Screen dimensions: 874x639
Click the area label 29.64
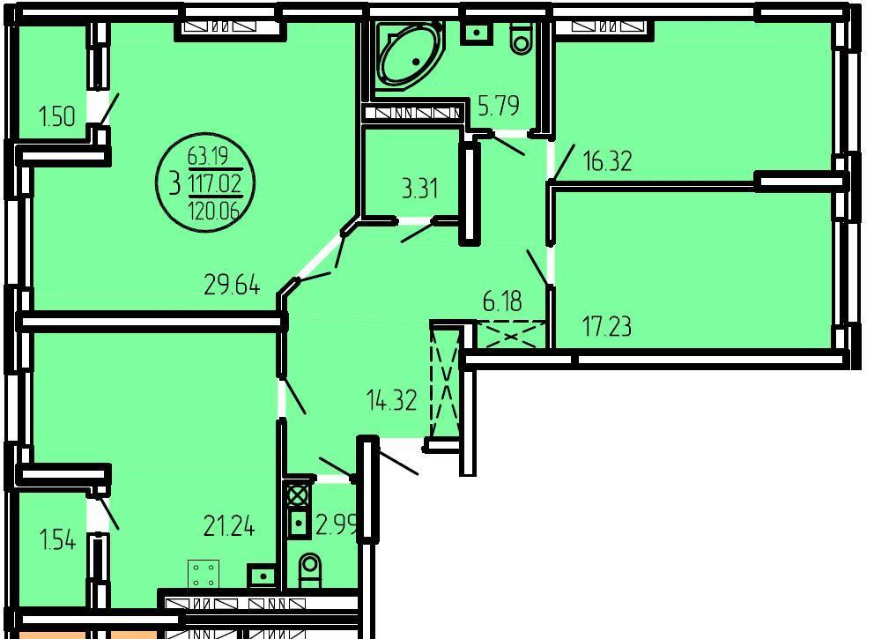(232, 286)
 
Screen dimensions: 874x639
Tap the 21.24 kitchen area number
(229, 525)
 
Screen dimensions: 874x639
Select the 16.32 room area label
(607, 161)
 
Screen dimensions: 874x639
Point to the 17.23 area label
(607, 326)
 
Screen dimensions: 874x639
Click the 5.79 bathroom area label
(499, 105)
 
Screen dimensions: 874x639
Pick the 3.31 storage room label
(419, 189)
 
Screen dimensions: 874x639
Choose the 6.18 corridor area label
(502, 301)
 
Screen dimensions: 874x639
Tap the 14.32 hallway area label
(391, 400)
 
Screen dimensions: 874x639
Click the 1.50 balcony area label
(57, 117)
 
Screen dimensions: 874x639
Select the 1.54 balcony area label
(57, 540)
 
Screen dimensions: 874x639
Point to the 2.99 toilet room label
(336, 524)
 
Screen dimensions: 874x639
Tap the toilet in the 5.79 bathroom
(522, 37)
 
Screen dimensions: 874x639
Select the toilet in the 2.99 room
(310, 570)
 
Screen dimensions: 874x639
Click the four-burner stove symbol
(204, 575)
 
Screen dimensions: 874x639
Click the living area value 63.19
(209, 156)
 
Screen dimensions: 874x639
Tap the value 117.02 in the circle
(216, 183)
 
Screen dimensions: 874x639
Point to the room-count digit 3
(175, 183)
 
